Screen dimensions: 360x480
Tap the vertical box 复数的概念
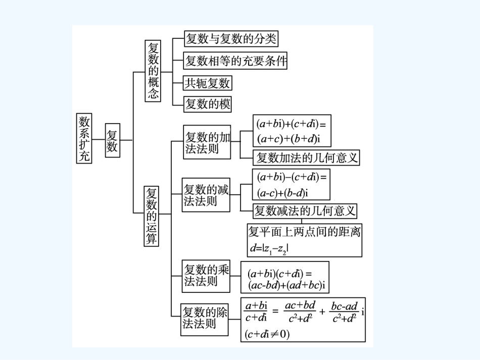tap(153, 71)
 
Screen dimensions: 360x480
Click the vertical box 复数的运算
tap(151, 216)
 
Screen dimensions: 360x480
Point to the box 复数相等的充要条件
tap(235, 61)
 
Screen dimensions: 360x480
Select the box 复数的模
tap(207, 104)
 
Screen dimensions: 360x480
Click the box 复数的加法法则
tap(207, 142)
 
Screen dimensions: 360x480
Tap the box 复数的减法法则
tap(206, 194)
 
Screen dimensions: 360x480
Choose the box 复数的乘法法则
tap(206, 276)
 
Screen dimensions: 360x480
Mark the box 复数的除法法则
tap(205, 318)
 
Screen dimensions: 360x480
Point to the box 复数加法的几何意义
tap(306, 158)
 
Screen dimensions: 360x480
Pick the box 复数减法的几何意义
tap(305, 210)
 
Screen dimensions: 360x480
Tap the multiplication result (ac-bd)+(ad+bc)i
tap(285, 286)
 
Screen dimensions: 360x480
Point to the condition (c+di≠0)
tap(267, 334)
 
